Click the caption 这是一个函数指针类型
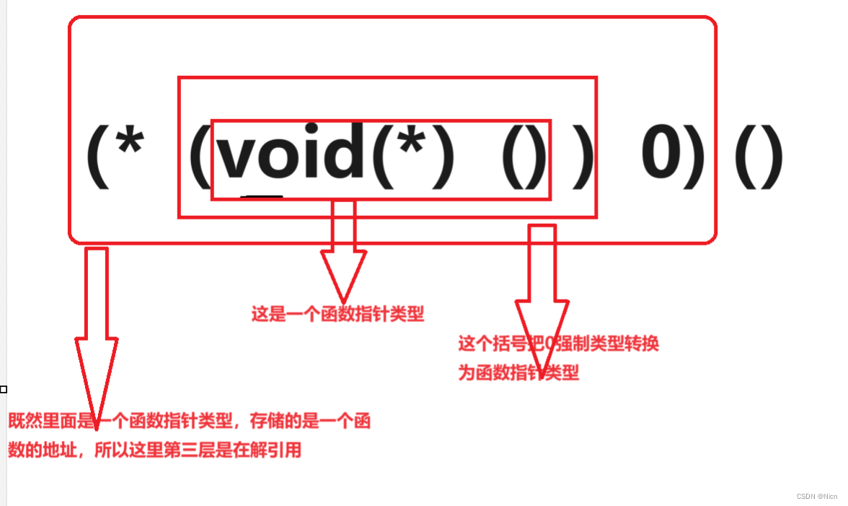click(x=337, y=315)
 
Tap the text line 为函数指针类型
click(x=518, y=373)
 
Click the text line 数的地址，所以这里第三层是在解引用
click(x=154, y=451)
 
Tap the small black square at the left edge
click(x=4, y=389)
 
